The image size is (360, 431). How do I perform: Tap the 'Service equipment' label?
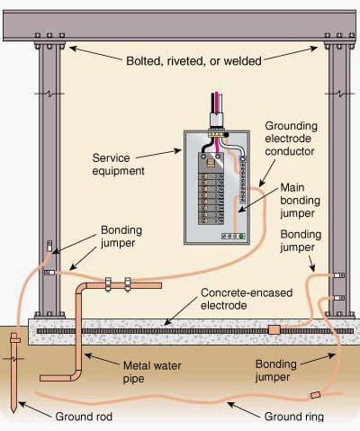[124, 164]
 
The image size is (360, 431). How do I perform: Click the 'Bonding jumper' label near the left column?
[119, 236]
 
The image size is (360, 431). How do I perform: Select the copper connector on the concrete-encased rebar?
[274, 330]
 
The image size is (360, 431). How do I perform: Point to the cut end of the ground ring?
[314, 394]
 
